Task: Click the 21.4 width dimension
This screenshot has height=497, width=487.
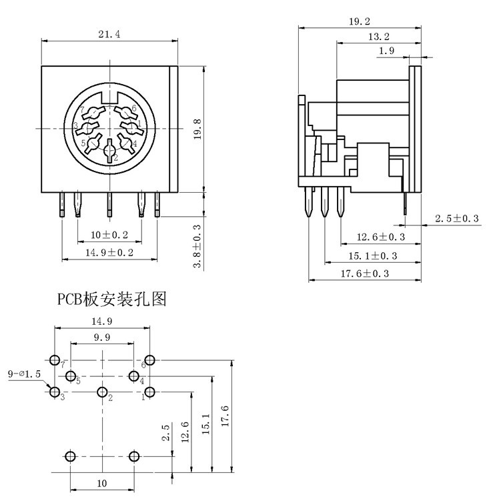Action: [x=109, y=35]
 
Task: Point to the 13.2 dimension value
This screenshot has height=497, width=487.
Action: [x=379, y=37]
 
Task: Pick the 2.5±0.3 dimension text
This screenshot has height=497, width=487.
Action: [x=457, y=219]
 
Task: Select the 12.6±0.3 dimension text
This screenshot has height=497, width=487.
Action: [x=381, y=237]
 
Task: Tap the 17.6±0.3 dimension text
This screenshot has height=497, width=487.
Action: [x=365, y=274]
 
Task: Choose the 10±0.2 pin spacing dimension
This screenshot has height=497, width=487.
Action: [x=109, y=235]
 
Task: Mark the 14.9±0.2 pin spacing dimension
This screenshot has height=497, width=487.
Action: [x=109, y=252]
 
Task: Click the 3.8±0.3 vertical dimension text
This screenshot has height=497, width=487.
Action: [x=197, y=246]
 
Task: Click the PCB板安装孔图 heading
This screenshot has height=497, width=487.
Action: [x=111, y=300]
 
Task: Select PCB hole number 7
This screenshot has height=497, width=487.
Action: [x=55, y=360]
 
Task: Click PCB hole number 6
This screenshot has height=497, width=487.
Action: [x=150, y=360]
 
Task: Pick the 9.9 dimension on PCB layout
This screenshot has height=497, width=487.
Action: [x=102, y=337]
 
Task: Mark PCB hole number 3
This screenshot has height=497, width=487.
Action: [x=55, y=392]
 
